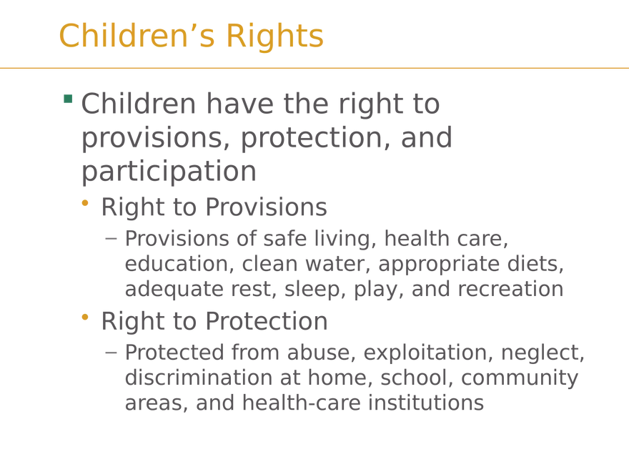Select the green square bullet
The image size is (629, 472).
tap(68, 99)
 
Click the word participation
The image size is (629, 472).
tap(169, 172)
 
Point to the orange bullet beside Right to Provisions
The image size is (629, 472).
tap(84, 203)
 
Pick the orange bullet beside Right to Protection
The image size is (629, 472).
tap(84, 317)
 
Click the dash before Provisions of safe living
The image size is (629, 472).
tap(111, 239)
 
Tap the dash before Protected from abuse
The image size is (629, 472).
tap(111, 353)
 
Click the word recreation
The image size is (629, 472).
tap(510, 289)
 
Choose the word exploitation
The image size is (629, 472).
tap(429, 353)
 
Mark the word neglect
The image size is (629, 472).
tap(543, 353)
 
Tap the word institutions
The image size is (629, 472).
tap(425, 403)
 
